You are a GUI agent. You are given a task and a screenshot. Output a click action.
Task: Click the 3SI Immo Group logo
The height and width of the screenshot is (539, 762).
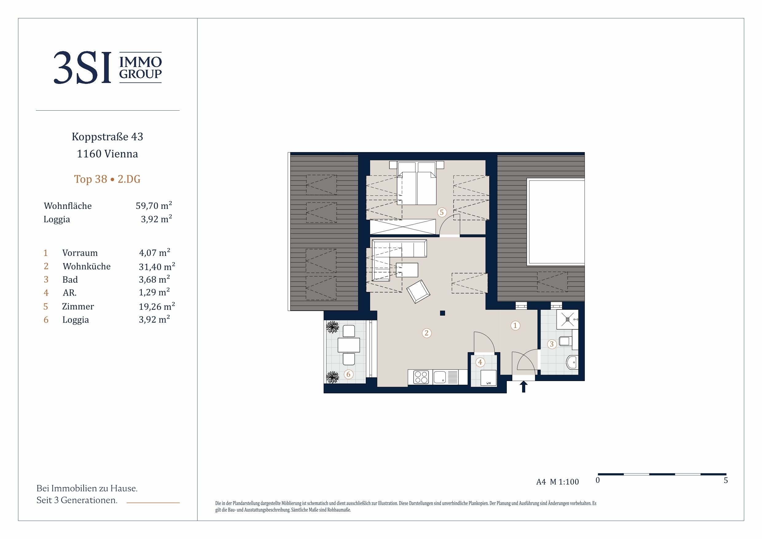click(107, 67)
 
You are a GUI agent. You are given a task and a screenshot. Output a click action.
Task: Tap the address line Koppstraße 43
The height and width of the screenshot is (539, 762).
click(107, 137)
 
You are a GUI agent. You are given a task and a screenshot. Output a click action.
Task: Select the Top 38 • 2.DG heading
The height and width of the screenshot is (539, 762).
click(107, 179)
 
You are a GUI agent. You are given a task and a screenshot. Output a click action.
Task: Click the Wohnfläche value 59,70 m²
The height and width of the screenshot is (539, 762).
click(154, 206)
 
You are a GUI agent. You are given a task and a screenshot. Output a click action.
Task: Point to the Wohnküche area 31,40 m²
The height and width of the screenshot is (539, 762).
click(157, 266)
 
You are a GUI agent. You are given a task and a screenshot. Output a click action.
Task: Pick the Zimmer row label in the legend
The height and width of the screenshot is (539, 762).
click(78, 306)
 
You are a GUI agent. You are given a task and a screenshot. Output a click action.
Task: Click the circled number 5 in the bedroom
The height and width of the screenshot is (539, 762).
click(442, 212)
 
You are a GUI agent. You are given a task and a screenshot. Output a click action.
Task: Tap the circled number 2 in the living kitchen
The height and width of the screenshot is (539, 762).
click(427, 333)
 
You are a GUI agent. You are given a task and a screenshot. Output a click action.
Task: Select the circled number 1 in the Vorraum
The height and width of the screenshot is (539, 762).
click(515, 325)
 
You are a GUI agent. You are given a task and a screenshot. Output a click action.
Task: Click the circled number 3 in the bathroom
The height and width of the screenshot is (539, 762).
click(552, 344)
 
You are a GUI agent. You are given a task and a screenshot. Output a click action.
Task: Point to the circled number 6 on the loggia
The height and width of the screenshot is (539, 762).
click(348, 374)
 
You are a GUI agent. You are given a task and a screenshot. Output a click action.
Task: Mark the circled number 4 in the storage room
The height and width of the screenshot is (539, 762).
click(480, 362)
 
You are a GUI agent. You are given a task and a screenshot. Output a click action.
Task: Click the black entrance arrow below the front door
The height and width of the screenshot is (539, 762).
click(524, 387)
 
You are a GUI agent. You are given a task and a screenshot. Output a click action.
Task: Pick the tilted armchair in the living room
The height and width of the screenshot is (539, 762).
click(419, 291)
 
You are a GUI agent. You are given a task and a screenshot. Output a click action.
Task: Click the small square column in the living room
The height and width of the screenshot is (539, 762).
click(442, 313)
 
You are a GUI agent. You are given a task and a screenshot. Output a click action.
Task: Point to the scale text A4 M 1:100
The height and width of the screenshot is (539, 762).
click(557, 482)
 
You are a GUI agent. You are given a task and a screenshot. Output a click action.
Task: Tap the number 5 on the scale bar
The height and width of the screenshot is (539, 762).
click(726, 480)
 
